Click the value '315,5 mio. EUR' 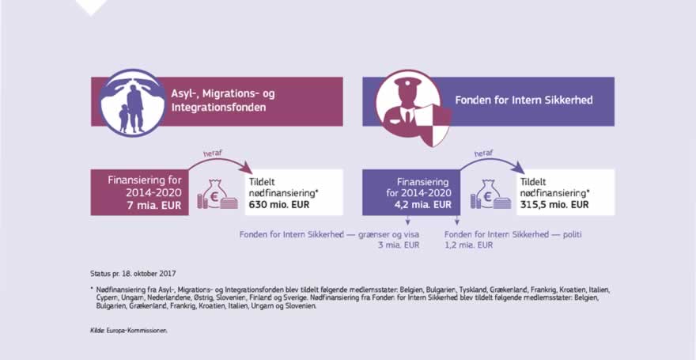tap(554, 204)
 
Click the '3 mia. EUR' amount tap(399, 245)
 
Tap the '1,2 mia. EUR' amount tap(470, 245)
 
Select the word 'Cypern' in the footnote tap(103, 297)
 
